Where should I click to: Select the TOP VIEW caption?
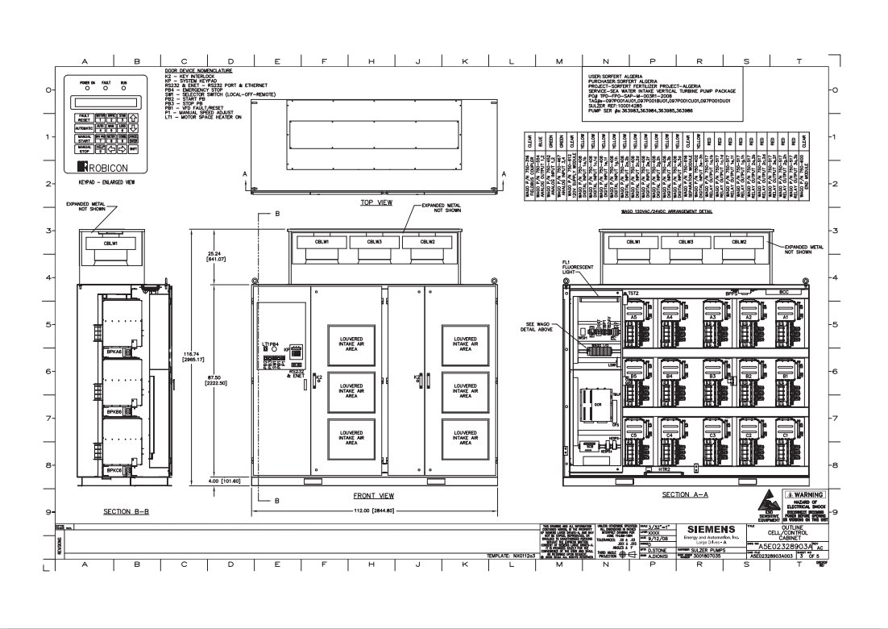(376, 203)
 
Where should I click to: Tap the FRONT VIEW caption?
(374, 495)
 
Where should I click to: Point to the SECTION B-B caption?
(123, 511)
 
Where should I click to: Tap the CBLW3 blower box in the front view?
(374, 241)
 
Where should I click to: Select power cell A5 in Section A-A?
(634, 318)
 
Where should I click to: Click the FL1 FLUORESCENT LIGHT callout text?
(578, 268)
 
